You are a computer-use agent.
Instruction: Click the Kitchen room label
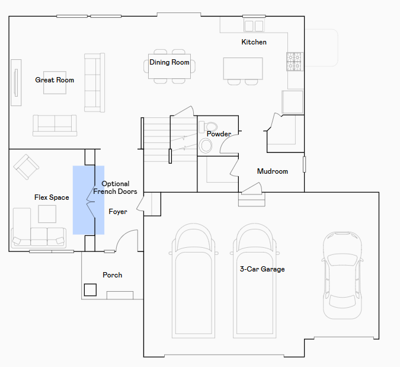pos(254,42)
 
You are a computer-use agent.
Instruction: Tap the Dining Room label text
pos(169,62)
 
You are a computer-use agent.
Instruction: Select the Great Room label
pos(55,80)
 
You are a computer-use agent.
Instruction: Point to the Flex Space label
pos(52,197)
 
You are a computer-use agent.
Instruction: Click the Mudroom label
pos(273,171)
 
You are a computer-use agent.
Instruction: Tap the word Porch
pos(112,275)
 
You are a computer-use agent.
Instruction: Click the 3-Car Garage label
pos(263,269)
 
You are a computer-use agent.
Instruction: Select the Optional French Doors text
pos(115,187)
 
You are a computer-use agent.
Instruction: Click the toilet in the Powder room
pos(208,127)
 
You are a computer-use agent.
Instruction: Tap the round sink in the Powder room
pos(206,146)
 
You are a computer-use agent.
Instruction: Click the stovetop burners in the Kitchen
pos(294,62)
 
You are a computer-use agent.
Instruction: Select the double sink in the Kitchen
pos(254,25)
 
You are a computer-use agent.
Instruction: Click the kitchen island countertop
pos(243,68)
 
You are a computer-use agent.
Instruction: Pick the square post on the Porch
pos(90,290)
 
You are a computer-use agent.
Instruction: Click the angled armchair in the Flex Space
pos(26,167)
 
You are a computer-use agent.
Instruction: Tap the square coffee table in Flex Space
pos(47,214)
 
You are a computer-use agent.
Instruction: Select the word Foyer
pos(118,212)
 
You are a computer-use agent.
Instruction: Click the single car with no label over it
pos(343,275)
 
